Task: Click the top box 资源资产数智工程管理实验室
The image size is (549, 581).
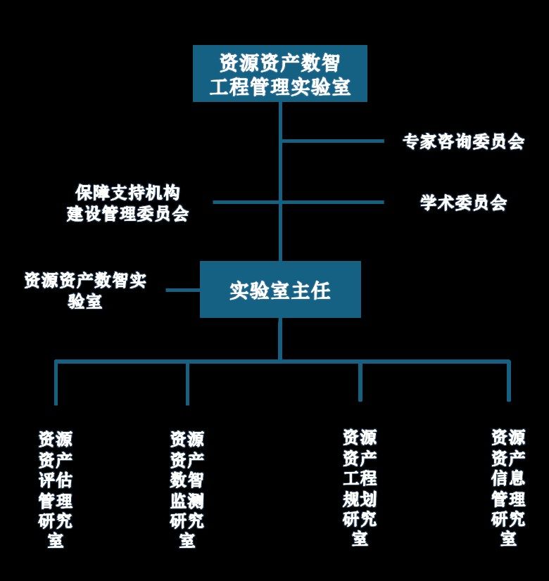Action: tap(280, 74)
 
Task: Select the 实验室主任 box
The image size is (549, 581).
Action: tap(280, 290)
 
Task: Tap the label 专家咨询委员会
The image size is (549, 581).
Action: tap(463, 141)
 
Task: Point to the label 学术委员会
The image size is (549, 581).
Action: tap(463, 203)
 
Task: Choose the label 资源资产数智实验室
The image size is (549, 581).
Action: tap(85, 290)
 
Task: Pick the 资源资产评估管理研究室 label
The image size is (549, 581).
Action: tap(56, 490)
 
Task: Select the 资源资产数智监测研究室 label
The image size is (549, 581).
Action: tap(187, 490)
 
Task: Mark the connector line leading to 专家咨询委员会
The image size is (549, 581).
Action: tap(332, 141)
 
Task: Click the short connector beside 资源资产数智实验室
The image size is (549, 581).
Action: tap(183, 290)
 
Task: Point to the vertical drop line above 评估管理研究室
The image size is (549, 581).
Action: tap(56, 383)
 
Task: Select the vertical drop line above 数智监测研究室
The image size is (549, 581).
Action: tap(187, 383)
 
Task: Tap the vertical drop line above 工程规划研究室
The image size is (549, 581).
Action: tap(360, 382)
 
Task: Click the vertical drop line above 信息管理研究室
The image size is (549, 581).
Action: tap(508, 382)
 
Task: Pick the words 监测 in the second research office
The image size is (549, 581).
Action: tap(187, 501)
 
